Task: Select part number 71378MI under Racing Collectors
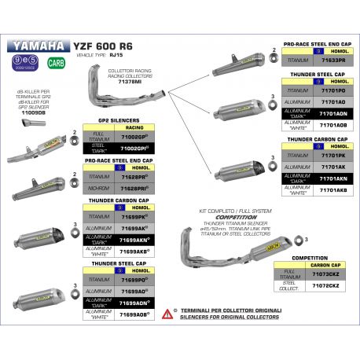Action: [x=130, y=80]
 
